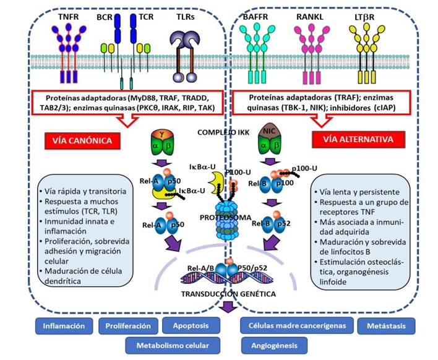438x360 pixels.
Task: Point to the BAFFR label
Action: point(259,12)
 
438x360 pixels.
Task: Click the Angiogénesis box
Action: point(272,345)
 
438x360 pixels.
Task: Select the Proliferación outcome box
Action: point(129,325)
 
